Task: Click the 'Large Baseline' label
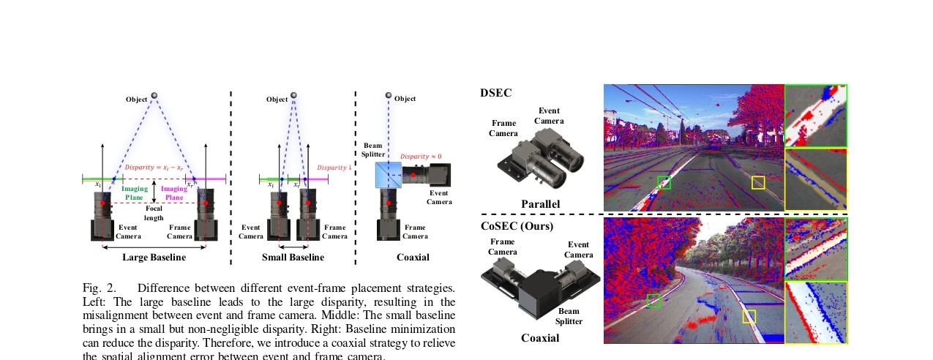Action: [154, 258]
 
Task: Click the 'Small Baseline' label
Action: [293, 258]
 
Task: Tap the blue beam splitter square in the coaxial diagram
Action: [388, 175]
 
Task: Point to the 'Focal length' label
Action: [154, 213]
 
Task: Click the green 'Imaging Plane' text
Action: [135, 192]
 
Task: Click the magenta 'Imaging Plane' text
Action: [174, 192]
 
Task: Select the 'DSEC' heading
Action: [495, 93]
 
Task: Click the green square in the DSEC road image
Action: [664, 182]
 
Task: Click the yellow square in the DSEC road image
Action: [758, 183]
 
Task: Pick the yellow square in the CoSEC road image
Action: [749, 316]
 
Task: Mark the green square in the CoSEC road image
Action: [654, 300]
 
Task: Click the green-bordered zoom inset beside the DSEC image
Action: [816, 116]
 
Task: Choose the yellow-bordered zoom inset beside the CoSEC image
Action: [816, 312]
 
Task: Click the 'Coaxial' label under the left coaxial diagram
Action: [413, 258]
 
